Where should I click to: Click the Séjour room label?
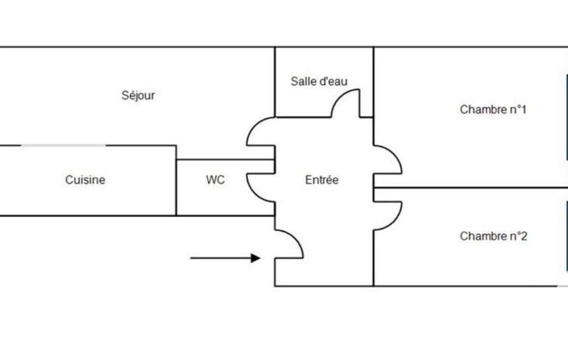pyautogui.click(x=138, y=95)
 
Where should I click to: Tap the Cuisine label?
pyautogui.click(x=85, y=180)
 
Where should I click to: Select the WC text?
pyautogui.click(x=215, y=180)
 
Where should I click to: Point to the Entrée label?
pyautogui.click(x=321, y=180)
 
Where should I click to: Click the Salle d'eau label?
pyautogui.click(x=319, y=81)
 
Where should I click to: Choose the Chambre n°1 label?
pyautogui.click(x=493, y=110)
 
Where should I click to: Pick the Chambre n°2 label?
pyautogui.click(x=493, y=236)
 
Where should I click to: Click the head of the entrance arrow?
pyautogui.click(x=255, y=258)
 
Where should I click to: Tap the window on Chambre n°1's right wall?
pyautogui.click(x=566, y=116)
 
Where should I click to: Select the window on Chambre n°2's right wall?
pyautogui.click(x=566, y=235)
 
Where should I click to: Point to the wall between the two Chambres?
pyautogui.click(x=471, y=188)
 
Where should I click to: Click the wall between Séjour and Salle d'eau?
pyautogui.click(x=275, y=82)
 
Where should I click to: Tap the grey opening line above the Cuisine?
pyautogui.click(x=64, y=146)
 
